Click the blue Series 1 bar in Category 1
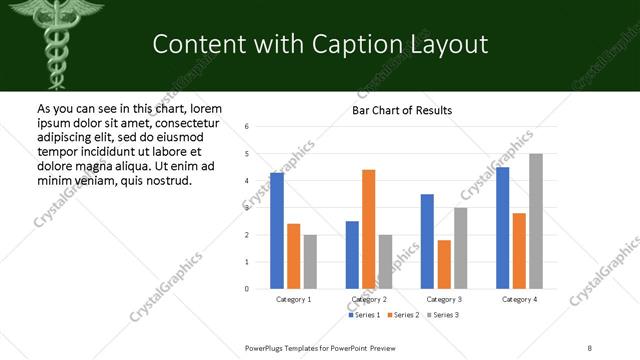point(277,231)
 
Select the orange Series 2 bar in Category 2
point(368,229)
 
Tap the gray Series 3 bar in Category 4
point(536,221)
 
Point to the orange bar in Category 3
point(443,264)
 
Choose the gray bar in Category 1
point(310,262)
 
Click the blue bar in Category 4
point(503,228)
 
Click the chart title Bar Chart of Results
point(402,110)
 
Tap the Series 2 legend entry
point(403,316)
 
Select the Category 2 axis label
point(369,300)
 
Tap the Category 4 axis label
point(519,300)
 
